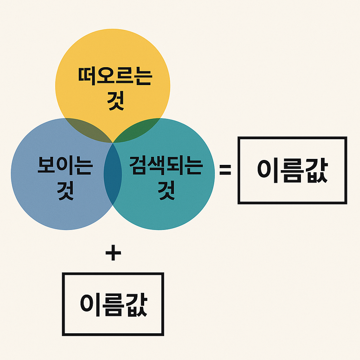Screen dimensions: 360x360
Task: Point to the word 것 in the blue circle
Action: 65,191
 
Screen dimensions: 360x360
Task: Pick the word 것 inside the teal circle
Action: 167,191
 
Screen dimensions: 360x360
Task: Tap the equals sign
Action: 225,170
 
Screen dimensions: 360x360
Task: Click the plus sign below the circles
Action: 113,253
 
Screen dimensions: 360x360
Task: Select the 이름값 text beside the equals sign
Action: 292,170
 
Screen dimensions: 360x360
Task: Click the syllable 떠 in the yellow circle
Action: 88,77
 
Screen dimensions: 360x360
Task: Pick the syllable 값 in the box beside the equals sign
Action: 316,170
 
